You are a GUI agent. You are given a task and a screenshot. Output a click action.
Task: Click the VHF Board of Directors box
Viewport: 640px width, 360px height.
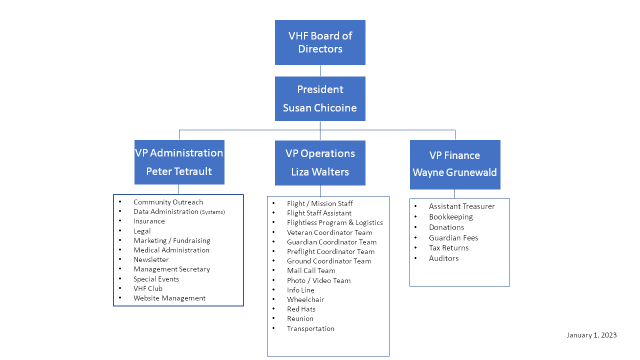click(320, 42)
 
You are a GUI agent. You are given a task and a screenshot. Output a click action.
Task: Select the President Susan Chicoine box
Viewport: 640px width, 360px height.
click(320, 98)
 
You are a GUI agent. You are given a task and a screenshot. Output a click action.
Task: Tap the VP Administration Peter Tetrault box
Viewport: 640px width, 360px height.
click(179, 162)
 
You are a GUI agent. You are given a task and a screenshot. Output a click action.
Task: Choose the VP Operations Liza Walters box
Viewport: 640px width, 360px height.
click(320, 162)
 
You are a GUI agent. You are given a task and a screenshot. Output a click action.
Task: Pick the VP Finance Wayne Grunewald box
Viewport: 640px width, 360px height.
click(455, 164)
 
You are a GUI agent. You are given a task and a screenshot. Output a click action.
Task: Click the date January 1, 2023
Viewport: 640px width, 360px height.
click(591, 335)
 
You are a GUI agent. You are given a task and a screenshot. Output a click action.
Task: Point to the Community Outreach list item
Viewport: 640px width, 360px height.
click(168, 202)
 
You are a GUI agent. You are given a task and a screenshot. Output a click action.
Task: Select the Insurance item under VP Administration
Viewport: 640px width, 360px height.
click(149, 221)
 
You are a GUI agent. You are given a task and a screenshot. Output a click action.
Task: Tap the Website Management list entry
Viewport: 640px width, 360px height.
click(169, 298)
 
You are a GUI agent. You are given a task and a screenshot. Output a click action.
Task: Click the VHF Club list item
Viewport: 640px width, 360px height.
click(147, 288)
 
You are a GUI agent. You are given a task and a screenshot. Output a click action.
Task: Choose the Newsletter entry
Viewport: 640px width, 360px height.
click(151, 259)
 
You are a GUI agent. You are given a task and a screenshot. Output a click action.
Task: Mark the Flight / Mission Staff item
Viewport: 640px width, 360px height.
click(319, 203)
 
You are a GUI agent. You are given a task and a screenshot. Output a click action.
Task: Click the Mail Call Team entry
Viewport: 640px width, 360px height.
click(311, 270)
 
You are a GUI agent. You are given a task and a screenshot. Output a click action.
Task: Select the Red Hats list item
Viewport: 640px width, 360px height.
click(301, 309)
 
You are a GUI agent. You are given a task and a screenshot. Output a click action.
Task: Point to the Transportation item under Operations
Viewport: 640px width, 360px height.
click(310, 328)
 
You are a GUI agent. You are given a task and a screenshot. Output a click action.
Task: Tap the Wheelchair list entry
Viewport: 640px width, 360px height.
click(305, 299)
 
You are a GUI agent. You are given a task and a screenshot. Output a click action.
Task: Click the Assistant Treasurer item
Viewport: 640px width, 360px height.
click(461, 206)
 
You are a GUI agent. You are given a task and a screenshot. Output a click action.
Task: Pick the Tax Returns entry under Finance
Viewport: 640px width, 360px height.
click(448, 247)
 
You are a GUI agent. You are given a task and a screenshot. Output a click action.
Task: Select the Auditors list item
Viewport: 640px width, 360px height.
click(443, 258)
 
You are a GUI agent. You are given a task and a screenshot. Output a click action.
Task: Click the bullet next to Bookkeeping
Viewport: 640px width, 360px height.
click(415, 216)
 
